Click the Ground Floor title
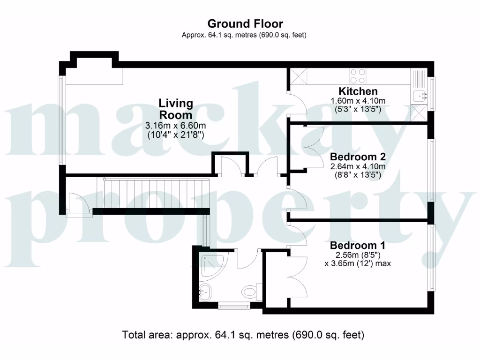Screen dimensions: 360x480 (245, 23)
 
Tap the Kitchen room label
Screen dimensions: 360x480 (358, 91)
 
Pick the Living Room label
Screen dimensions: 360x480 (175, 109)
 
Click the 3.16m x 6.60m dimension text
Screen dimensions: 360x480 (176, 126)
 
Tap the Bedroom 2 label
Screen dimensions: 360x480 (358, 157)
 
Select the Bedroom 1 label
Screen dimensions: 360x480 (358, 245)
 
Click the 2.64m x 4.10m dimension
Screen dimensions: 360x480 (358, 166)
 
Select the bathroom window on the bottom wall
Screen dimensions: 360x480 (235, 307)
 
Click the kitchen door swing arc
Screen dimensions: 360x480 (300, 104)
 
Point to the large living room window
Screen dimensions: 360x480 (61, 120)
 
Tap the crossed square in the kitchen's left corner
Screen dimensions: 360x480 (298, 76)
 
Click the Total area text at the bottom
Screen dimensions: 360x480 (243, 335)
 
